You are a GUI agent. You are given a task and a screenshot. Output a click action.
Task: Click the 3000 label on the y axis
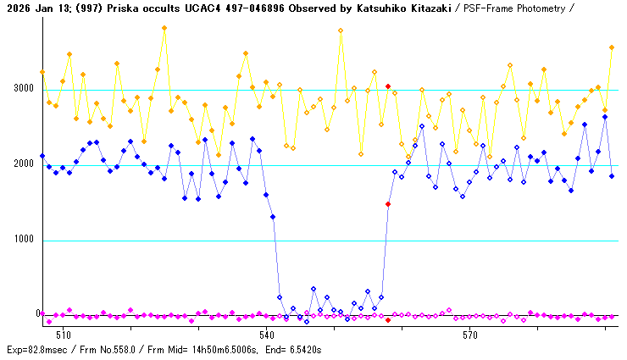pyautogui.click(x=23, y=88)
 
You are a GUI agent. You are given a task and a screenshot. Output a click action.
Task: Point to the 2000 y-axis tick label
pyautogui.click(x=23, y=163)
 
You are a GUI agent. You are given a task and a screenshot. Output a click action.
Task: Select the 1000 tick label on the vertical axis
pyautogui.click(x=23, y=239)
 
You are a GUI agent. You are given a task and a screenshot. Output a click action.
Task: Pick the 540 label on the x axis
pyautogui.click(x=266, y=335)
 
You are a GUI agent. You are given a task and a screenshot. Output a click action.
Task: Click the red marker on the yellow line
pyautogui.click(x=388, y=86)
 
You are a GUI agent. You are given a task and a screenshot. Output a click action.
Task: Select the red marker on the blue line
pyautogui.click(x=388, y=204)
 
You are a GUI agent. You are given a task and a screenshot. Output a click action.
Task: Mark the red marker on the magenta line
pyautogui.click(x=388, y=320)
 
